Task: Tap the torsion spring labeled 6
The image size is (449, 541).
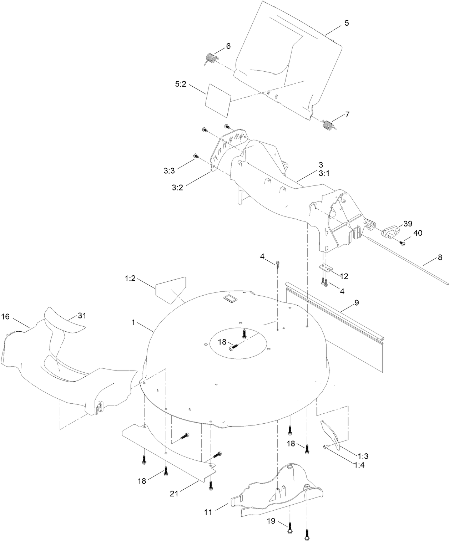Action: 211,58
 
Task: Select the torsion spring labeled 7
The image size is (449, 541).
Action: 328,125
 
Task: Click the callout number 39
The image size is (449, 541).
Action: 408,224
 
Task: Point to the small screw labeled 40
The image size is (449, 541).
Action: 403,243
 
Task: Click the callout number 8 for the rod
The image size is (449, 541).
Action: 440,257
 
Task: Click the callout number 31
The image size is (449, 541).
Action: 82,315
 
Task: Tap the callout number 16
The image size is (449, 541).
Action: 5,316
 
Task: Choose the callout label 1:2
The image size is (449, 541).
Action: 130,279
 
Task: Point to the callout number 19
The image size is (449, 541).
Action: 271,521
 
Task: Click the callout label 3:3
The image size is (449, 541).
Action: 169,171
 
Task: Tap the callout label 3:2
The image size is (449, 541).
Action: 177,187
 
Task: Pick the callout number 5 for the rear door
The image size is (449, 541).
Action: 347,23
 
